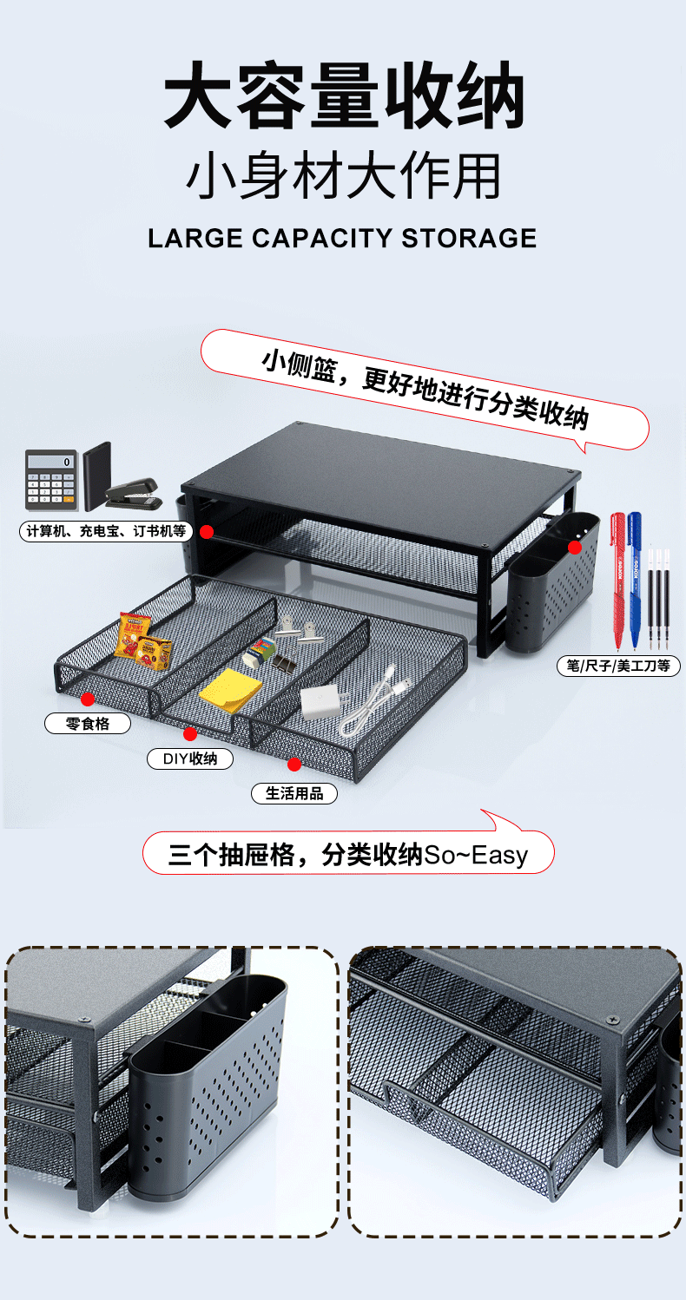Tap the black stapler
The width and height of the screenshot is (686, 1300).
coord(132,495)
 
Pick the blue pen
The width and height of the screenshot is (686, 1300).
coord(635,577)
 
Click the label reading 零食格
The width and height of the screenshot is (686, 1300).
coord(88,723)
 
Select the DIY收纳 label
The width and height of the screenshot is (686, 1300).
coord(190,758)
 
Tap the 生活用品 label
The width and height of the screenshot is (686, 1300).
coord(294,793)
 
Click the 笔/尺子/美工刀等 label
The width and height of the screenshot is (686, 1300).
coord(618,666)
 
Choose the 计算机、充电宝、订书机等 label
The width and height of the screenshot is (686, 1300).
coord(106,531)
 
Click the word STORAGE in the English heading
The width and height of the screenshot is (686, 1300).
coord(469,238)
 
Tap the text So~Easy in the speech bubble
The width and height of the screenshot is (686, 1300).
coord(476,856)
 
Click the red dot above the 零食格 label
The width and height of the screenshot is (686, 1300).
coord(88,699)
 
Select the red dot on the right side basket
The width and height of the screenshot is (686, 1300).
coord(575,547)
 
